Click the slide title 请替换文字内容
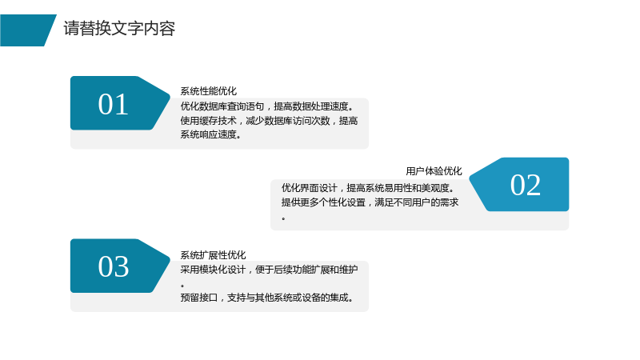point(119,29)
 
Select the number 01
point(113,105)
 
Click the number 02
point(526,185)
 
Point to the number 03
point(113,266)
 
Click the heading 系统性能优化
point(209,91)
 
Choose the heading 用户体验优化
point(434,171)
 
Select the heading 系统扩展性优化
point(213,255)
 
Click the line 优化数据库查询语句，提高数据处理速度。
point(267,106)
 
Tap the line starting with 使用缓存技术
point(269,121)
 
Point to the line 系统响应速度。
point(210,134)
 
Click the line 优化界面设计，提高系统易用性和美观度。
point(368,188)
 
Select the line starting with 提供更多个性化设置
point(370,202)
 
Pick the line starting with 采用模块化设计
point(269,270)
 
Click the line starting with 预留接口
point(267,298)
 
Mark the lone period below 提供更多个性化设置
point(283,219)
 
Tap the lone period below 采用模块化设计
point(182,286)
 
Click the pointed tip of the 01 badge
point(170,98)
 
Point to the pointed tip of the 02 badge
point(470,178)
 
